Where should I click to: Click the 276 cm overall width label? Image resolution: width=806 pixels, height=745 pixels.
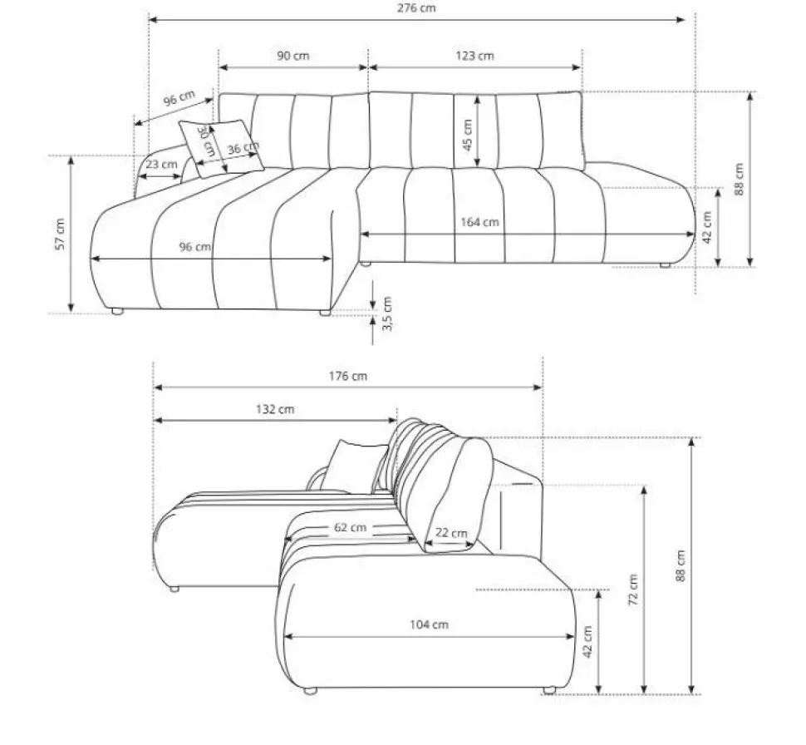415,8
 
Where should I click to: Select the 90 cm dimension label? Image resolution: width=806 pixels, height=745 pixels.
293,56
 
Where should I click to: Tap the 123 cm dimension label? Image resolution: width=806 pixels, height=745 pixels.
474,56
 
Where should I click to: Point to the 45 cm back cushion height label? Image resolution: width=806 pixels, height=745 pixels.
467,135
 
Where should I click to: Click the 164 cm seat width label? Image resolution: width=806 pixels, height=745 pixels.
479,222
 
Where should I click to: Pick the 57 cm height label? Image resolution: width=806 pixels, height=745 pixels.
60,234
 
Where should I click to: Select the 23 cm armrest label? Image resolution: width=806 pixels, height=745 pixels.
161,165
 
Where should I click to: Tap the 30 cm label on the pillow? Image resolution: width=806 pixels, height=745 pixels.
205,141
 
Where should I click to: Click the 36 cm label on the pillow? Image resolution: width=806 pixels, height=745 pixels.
243,148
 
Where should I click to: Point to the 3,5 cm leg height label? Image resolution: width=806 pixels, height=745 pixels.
387,313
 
